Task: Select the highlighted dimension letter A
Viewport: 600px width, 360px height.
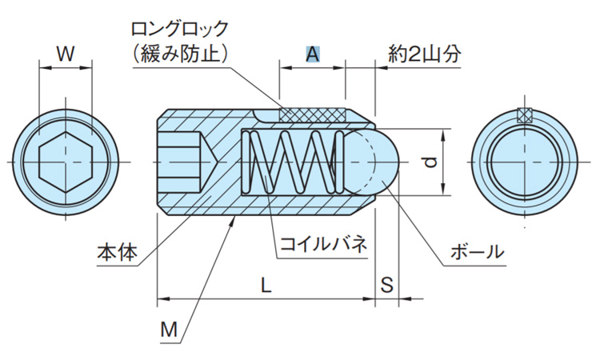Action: tap(313, 54)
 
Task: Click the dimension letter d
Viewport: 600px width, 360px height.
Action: tap(431, 162)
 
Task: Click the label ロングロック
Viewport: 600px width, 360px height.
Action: tap(181, 29)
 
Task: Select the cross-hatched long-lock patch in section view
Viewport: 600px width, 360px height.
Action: tap(312, 115)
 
